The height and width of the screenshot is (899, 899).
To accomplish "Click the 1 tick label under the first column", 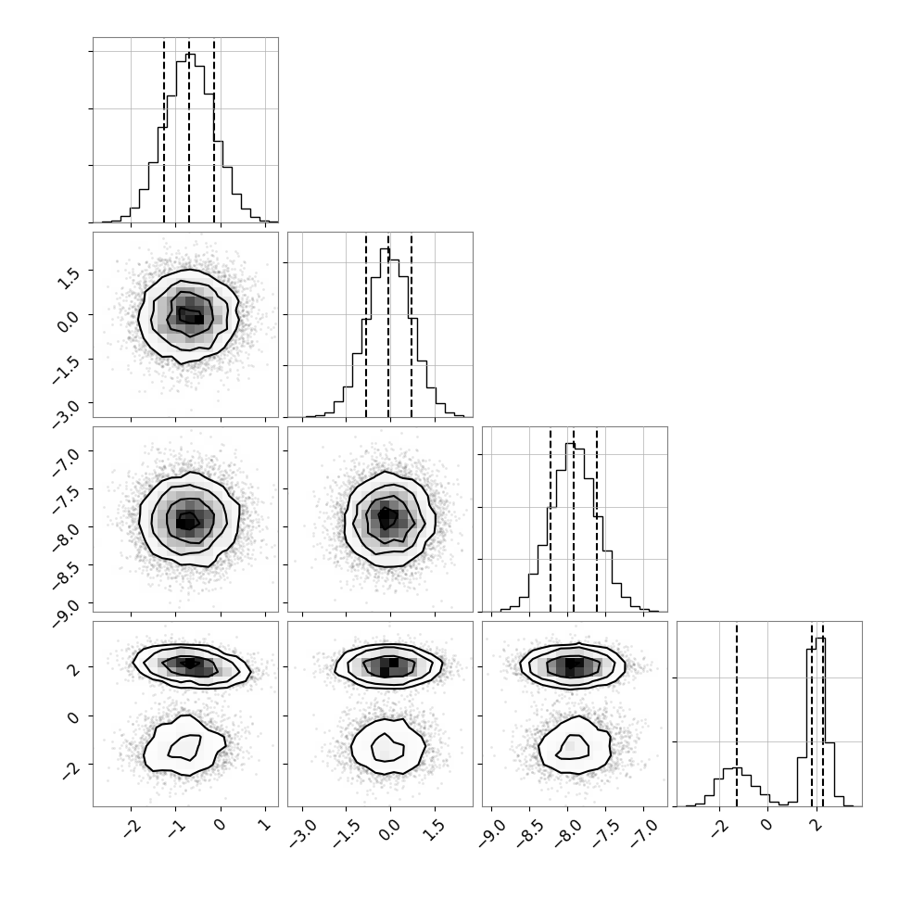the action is (265, 824).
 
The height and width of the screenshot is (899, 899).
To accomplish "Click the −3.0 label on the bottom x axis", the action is (300, 830).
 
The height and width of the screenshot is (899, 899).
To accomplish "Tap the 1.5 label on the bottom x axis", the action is (436, 828).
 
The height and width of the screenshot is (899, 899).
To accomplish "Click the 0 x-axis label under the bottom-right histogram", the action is (766, 825).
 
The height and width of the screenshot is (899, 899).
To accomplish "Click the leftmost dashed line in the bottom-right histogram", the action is (737, 715).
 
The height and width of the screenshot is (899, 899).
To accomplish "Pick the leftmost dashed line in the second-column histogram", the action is (366, 325).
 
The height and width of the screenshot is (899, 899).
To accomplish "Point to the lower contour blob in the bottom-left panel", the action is (184, 745).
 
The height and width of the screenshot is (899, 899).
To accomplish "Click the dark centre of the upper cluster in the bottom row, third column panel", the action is (574, 664).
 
